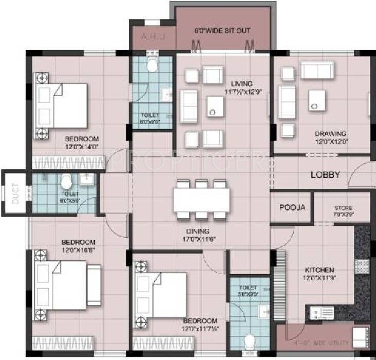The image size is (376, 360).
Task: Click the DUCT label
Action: click(15, 194)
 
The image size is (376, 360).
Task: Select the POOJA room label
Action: click(292, 208)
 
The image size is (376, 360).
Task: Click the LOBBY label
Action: click(325, 175)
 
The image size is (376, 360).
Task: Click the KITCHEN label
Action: click(320, 270)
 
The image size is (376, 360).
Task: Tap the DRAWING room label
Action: click(330, 134)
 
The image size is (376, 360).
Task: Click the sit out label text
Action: click(222, 31)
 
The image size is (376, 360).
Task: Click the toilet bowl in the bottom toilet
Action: click(250, 343)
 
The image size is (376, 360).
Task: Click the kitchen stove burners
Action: click(362, 266)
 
